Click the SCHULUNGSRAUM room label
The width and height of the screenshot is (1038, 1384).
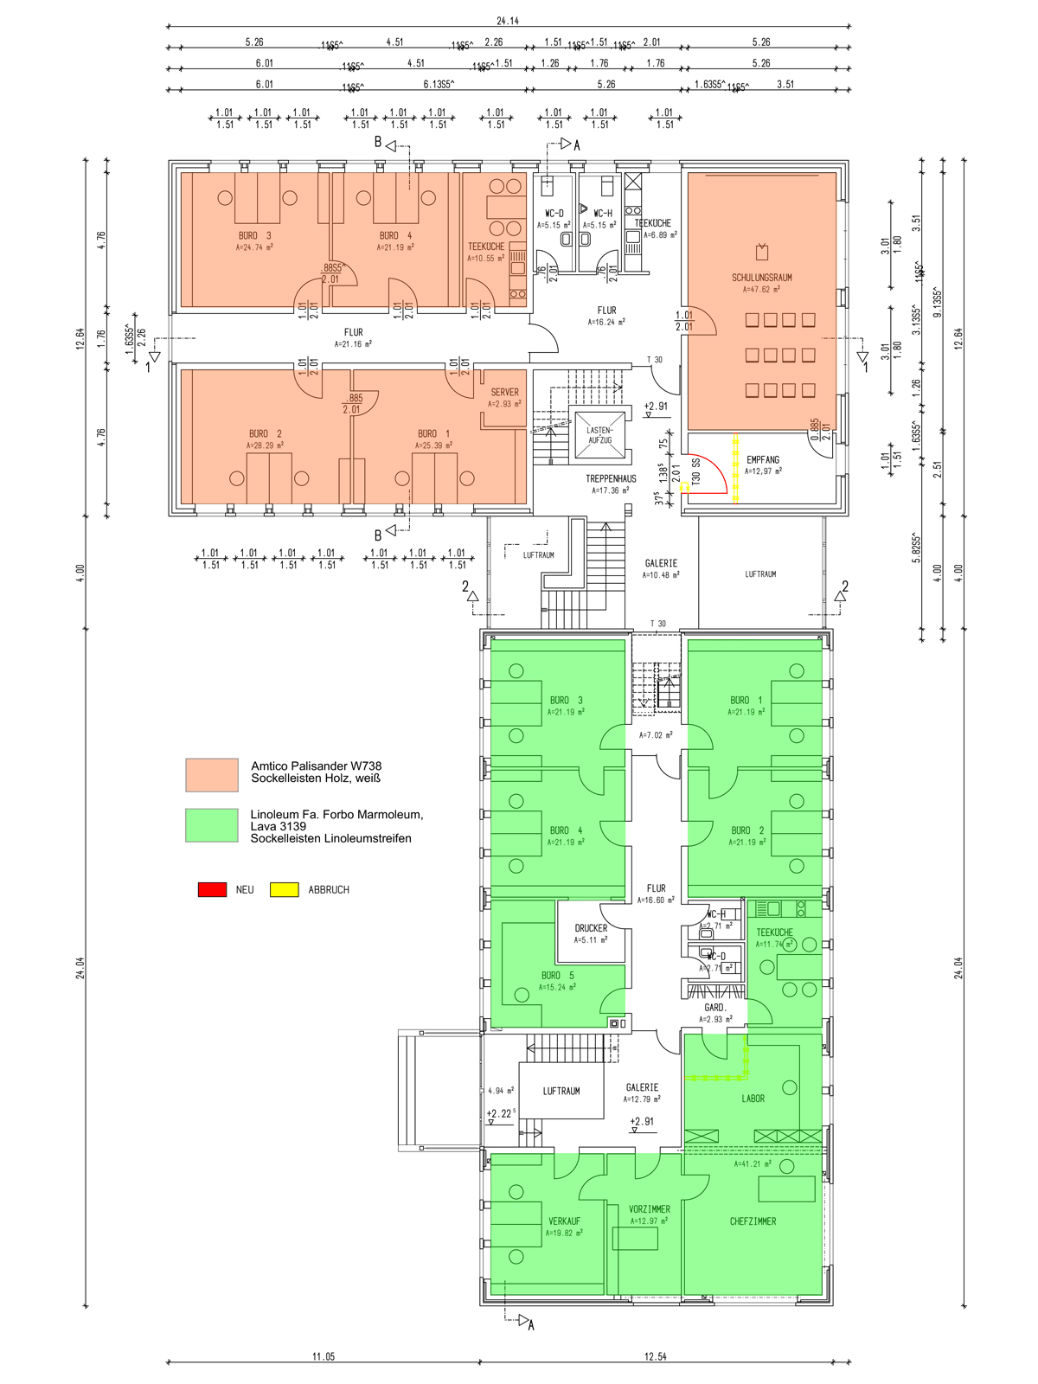[761, 278]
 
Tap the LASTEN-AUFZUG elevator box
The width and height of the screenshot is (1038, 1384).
[599, 435]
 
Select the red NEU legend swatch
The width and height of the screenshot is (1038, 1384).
[212, 889]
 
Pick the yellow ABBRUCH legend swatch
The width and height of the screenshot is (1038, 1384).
[285, 889]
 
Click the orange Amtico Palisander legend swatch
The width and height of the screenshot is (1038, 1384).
[212, 774]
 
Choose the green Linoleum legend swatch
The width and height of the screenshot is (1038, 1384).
[212, 825]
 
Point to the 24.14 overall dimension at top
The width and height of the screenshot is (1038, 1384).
[508, 21]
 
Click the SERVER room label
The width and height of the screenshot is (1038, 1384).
[505, 392]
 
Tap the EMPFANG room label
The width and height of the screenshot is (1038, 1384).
[763, 460]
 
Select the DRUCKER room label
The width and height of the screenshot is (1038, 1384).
[591, 928]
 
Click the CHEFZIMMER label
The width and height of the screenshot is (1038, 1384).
[753, 1221]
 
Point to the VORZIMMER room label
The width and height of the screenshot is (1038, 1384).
[650, 1209]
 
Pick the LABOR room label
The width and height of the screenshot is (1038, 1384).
[753, 1099]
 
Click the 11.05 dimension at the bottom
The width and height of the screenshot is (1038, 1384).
[324, 1356]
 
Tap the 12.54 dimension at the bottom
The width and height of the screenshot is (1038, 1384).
[656, 1356]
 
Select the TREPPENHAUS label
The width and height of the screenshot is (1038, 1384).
[611, 478]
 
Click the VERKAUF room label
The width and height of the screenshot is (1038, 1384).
[564, 1221]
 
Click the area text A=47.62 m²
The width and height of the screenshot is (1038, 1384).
[761, 290]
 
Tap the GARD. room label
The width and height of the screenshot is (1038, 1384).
[715, 1008]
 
